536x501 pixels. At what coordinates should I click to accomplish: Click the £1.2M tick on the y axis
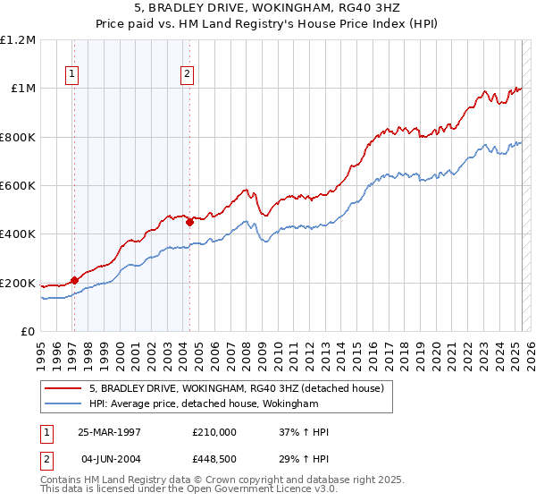(x=18, y=40)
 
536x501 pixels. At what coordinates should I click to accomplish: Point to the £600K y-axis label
(x=19, y=186)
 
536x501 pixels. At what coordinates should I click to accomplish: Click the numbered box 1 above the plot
(x=71, y=75)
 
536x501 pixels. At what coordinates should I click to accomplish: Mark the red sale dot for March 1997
(x=75, y=281)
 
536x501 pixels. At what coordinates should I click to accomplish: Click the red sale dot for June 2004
(x=189, y=223)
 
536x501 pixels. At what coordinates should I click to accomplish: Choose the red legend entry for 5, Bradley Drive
(x=236, y=388)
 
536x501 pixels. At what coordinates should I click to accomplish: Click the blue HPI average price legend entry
(x=204, y=404)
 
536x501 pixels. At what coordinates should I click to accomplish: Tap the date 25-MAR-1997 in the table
(x=109, y=431)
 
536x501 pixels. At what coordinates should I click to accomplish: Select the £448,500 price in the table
(x=214, y=460)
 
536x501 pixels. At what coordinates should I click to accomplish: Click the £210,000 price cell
(x=214, y=431)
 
